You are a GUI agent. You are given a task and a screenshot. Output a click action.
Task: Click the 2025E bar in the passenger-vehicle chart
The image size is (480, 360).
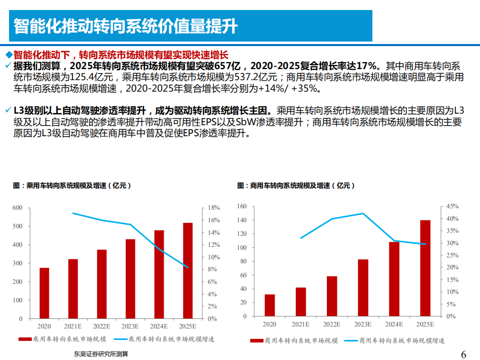click(188, 270)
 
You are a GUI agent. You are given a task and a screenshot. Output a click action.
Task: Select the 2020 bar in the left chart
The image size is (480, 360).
click(45, 293)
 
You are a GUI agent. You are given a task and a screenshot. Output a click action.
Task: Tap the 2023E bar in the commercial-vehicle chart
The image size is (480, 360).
click(363, 287)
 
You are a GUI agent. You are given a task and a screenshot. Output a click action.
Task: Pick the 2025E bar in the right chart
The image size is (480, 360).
click(425, 268)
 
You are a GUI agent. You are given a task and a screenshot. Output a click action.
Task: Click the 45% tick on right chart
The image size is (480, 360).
click(452, 206)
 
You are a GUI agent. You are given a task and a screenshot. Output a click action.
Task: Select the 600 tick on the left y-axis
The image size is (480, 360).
click(18, 208)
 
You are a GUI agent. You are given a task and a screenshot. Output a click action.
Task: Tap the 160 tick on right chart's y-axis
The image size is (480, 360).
click(242, 206)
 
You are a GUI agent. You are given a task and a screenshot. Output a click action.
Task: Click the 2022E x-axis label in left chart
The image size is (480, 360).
click(102, 326)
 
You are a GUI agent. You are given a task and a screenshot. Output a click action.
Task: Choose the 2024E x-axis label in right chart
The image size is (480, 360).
click(394, 324)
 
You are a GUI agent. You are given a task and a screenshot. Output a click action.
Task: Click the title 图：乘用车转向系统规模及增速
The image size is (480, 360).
click(72, 186)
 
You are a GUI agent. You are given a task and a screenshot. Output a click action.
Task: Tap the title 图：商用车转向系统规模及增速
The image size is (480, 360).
click(296, 186)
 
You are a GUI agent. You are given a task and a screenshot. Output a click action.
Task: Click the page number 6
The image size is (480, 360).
click(463, 354)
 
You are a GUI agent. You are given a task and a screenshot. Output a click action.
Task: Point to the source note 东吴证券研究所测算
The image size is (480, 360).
click(101, 354)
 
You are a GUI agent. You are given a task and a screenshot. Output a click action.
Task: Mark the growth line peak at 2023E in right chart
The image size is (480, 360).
click(363, 214)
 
